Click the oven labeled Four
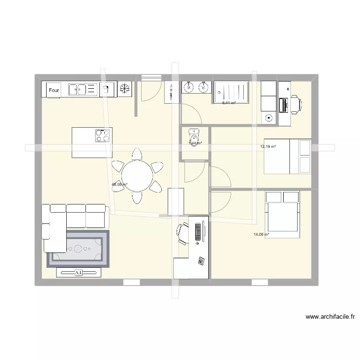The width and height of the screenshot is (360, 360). point(54,89)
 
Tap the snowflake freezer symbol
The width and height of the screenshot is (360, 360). point(125,89)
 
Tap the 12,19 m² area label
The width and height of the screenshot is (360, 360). point(268,146)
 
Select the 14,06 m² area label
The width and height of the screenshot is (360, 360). point(261,235)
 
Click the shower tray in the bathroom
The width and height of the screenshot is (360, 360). point(232,92)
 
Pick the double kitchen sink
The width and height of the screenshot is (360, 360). point(83,89)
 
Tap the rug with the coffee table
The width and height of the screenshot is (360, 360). point(77,248)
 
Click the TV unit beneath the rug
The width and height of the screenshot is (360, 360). point(79,273)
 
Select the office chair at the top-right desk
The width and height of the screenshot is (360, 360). point(295,104)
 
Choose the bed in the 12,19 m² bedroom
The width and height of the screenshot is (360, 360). point(288,156)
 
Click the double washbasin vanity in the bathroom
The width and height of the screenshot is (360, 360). point(196,87)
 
